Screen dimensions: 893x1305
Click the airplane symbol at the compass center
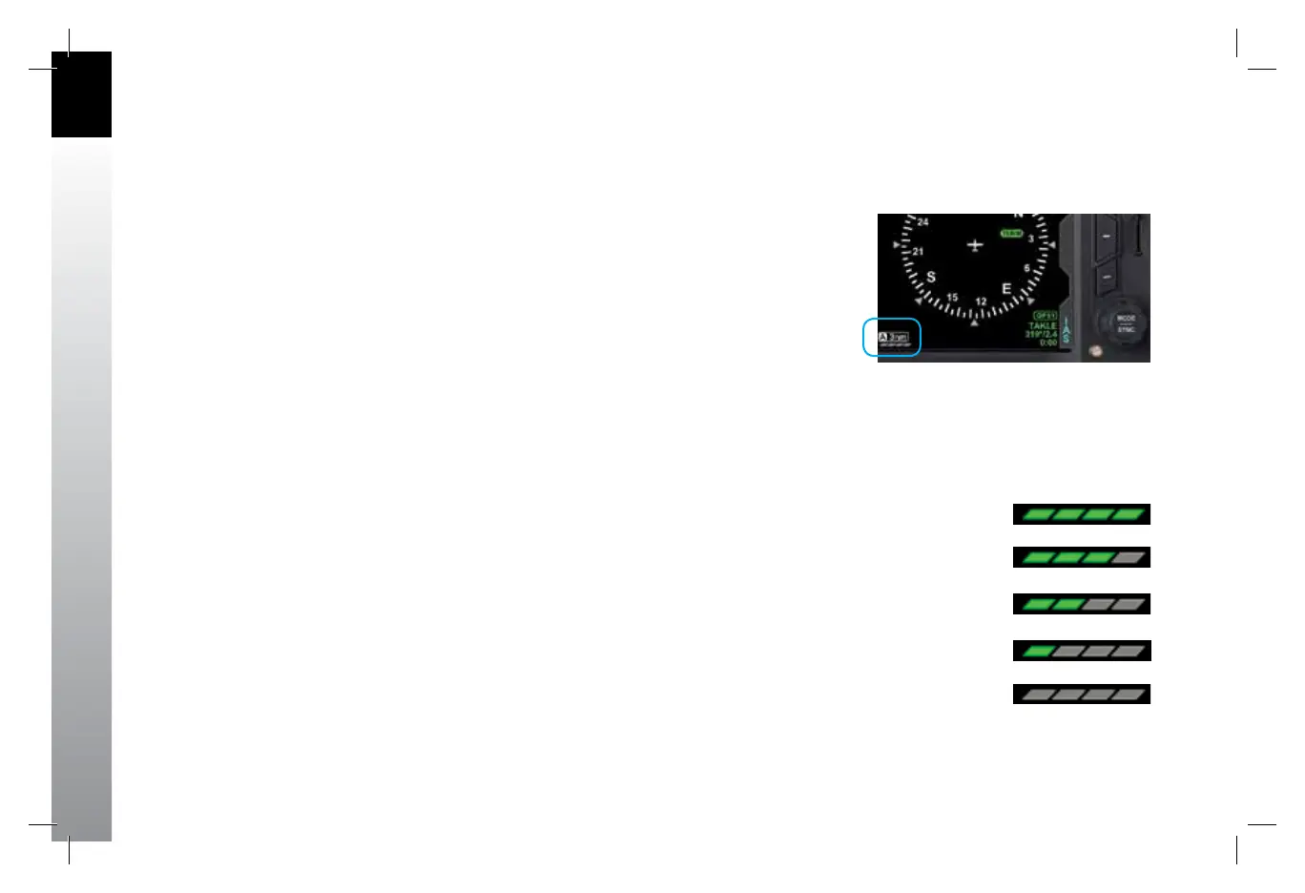click(974, 245)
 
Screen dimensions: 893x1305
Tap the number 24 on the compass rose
click(922, 222)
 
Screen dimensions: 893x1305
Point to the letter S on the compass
click(931, 278)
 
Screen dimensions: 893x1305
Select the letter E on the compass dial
click(1006, 289)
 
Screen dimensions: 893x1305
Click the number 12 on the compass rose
click(981, 302)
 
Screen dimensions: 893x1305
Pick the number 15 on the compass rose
click(952, 298)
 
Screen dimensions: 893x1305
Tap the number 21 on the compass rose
click(918, 252)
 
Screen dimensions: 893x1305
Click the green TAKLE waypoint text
click(1042, 325)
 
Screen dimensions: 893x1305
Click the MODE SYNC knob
click(1126, 323)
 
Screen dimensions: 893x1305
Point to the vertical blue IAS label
click(1066, 330)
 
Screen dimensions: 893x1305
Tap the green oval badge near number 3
click(1011, 233)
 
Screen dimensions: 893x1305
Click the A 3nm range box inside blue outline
click(893, 337)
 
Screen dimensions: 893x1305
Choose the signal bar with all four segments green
click(1081, 514)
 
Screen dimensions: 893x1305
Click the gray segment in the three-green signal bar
click(1129, 557)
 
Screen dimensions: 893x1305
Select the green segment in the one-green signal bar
click(1037, 652)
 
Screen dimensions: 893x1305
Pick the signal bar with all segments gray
click(1081, 695)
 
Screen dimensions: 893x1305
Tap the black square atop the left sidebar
click(81, 94)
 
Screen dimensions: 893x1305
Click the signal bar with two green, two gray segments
click(1081, 604)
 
